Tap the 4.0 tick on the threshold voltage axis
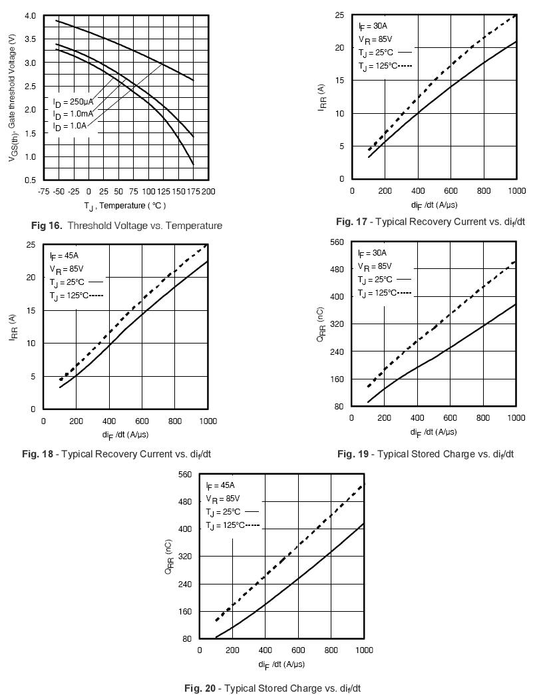click(30, 15)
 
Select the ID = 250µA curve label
click(73, 101)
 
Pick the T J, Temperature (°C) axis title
click(125, 206)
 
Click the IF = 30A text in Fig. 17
click(372, 27)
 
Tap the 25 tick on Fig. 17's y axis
click(339, 15)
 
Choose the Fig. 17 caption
click(431, 222)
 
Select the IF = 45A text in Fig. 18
click(63, 256)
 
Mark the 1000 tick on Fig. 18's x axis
click(208, 421)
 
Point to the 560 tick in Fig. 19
click(337, 242)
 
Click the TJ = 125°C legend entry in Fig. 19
click(383, 293)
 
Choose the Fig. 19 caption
click(426, 454)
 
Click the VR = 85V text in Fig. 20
click(223, 499)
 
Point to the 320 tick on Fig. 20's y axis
click(185, 557)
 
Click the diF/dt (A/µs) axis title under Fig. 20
click(282, 664)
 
